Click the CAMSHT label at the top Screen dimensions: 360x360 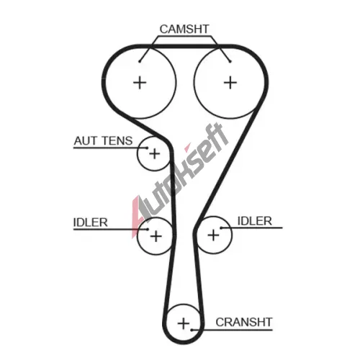(x=184, y=30)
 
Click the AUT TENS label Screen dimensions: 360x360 (x=103, y=141)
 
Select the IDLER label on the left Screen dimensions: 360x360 (x=90, y=222)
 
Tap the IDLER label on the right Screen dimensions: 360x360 (x=255, y=221)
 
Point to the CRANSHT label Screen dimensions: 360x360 (x=244, y=322)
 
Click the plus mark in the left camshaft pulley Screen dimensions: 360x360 (x=140, y=83)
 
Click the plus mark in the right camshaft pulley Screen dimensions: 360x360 (x=230, y=83)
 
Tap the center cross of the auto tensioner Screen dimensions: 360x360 (x=155, y=153)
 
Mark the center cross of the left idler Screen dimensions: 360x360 (x=156, y=236)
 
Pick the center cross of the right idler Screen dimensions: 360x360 (x=213, y=235)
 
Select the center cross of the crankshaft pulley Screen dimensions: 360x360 (x=184, y=323)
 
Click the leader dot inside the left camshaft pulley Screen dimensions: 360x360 (x=140, y=62)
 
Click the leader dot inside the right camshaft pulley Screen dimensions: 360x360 (x=230, y=62)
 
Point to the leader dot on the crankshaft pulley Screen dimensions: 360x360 (x=192, y=330)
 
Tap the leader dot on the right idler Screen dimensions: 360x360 (x=221, y=228)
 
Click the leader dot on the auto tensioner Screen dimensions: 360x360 (x=147, y=148)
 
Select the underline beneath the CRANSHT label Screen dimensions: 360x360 (x=232, y=330)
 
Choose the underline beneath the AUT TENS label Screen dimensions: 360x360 (x=110, y=148)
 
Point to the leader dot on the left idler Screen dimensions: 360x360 (x=148, y=230)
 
